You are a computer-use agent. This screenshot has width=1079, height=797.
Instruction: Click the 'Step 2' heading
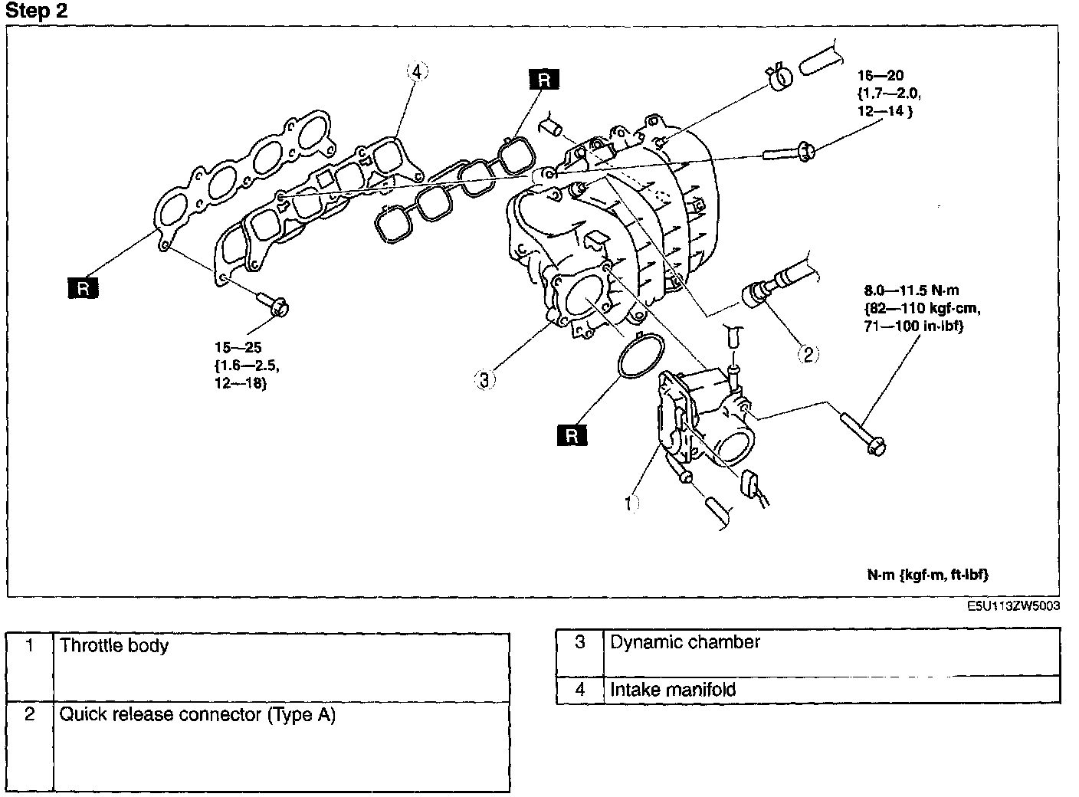pos(36,11)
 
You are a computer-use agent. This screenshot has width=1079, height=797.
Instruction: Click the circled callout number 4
pos(417,71)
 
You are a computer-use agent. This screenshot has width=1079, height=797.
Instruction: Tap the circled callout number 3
pos(484,379)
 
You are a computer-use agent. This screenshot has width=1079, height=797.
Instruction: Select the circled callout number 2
pos(808,354)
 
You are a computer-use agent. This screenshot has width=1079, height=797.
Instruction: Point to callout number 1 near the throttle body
pos(631,503)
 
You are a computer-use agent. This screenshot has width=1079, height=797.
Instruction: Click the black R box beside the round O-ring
pos(572,435)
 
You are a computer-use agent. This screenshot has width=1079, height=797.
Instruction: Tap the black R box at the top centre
pos(544,79)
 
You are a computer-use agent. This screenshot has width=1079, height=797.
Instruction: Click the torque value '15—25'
pos(238,347)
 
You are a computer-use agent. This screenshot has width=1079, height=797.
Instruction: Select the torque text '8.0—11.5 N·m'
pos(911,290)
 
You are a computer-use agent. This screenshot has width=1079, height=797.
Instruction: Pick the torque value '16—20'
pos(880,75)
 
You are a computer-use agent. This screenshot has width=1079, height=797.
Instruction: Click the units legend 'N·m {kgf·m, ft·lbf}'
pos(928,575)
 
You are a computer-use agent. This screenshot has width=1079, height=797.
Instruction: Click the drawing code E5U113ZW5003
pos(1013,605)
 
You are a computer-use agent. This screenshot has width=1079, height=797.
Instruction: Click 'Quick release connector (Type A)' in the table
pos(197,714)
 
